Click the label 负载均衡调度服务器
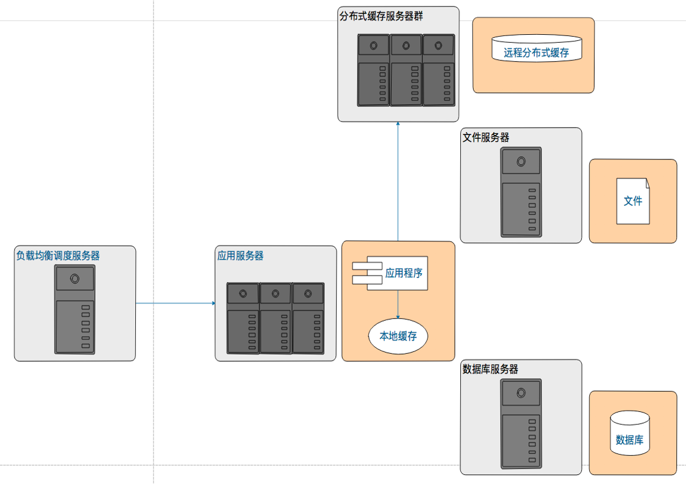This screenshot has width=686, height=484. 58,255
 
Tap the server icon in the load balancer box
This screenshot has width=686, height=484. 75,309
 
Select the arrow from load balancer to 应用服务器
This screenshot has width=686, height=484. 175,303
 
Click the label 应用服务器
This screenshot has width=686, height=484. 240,255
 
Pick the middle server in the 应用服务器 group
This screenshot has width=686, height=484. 275,318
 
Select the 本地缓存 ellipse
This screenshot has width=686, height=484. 398,336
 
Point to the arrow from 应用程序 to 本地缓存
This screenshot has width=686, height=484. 398,304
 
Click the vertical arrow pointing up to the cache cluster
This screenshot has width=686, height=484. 398,183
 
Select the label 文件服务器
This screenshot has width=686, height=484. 486,137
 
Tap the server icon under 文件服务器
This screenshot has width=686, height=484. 521,192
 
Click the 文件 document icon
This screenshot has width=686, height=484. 633,200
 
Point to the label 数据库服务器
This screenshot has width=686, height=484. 490,369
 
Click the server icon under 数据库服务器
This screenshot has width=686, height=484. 521,424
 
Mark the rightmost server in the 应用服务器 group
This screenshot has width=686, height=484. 308,318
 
